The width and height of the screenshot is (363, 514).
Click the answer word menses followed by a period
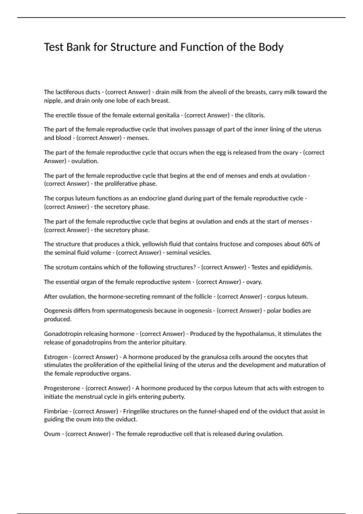[138, 138]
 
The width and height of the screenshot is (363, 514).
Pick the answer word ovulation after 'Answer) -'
[85, 161]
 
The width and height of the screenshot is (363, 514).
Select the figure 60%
[308, 244]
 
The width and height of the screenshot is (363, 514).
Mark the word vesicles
[201, 253]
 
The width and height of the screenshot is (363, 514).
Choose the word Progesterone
[62, 388]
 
